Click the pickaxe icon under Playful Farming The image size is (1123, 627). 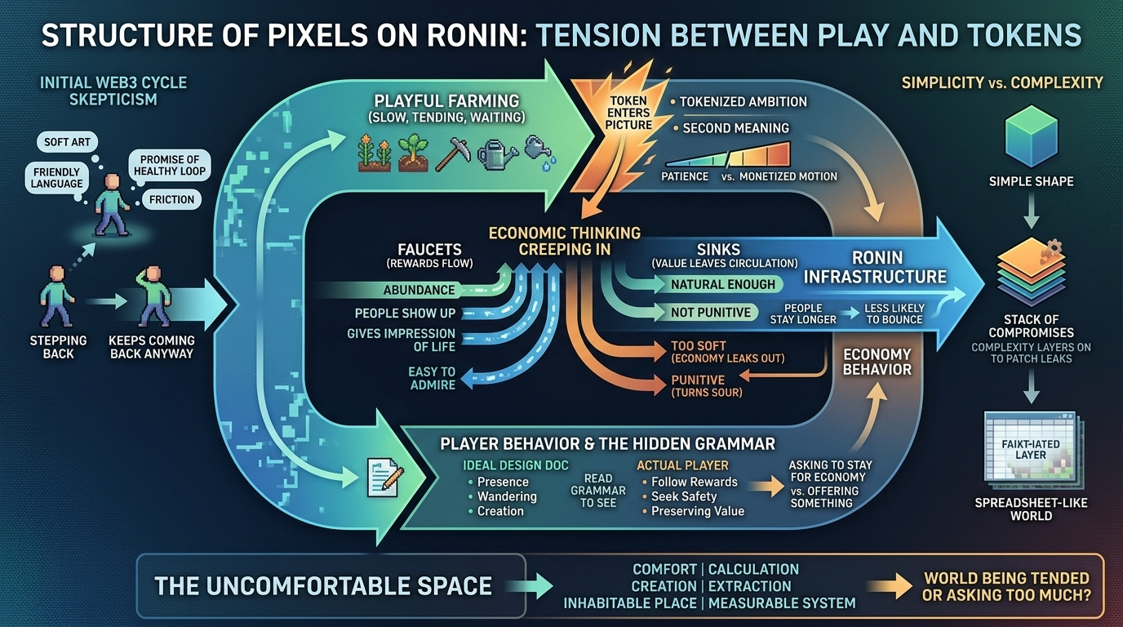[453, 152]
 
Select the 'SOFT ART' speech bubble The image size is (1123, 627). [68, 142]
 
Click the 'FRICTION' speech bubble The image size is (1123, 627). [172, 199]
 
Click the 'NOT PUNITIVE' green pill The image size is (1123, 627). [711, 312]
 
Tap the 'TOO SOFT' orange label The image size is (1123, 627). [699, 345]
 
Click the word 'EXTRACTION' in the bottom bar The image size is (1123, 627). [749, 586]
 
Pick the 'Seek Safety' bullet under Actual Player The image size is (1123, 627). [684, 496]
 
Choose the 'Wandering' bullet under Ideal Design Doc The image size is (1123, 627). [507, 496]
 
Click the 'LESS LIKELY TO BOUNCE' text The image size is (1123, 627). [894, 313]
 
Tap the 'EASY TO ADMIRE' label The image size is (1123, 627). [432, 378]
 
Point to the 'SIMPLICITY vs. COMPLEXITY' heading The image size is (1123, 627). [1002, 82]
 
